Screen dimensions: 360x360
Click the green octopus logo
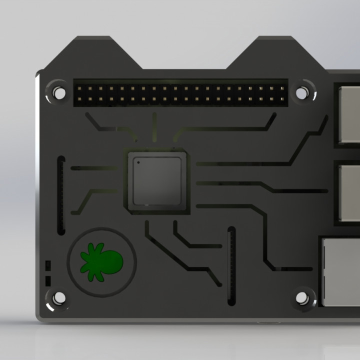(101, 261)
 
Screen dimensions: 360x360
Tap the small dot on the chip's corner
(138, 162)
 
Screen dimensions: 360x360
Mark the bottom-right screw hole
(301, 298)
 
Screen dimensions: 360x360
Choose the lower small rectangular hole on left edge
(48, 280)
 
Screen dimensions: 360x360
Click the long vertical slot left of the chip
(61, 195)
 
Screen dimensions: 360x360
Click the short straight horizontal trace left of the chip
(90, 167)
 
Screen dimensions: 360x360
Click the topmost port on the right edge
(348, 112)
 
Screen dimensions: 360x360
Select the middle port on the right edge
(348, 192)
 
